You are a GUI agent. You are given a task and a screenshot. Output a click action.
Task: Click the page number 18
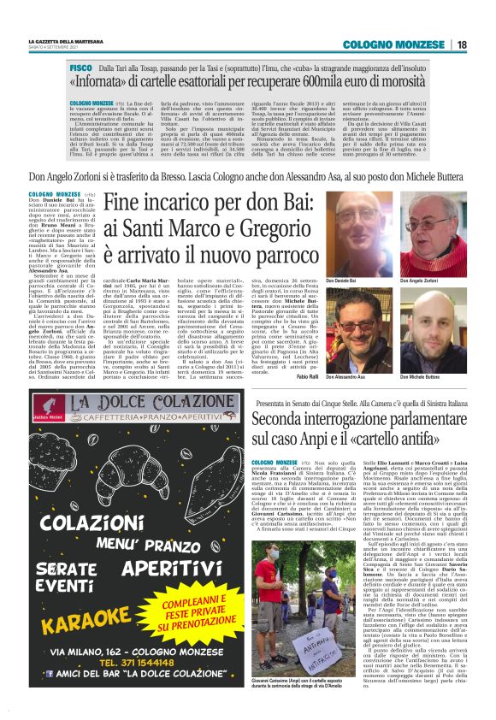462,44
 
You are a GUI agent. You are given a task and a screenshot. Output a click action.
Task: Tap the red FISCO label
80,67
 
